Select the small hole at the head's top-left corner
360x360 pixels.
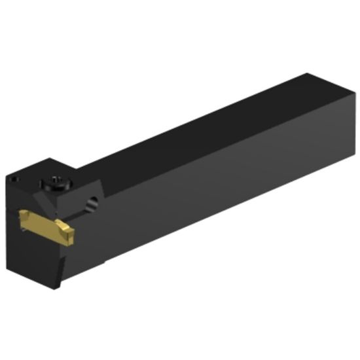click(14, 177)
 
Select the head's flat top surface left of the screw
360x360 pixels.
click(29, 171)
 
